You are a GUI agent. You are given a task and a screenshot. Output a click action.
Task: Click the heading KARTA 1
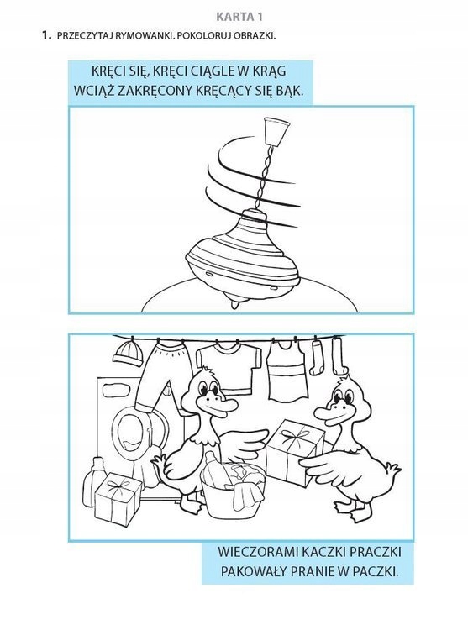(x=239, y=17)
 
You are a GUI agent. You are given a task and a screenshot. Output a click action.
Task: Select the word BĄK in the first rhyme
(x=288, y=91)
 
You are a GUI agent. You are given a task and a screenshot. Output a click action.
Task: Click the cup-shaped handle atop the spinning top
(x=276, y=131)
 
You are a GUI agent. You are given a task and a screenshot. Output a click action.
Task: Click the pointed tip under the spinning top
(x=235, y=304)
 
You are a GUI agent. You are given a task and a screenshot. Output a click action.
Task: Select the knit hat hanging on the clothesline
(x=129, y=354)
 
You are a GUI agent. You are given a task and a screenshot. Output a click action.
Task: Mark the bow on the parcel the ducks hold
(x=297, y=435)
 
